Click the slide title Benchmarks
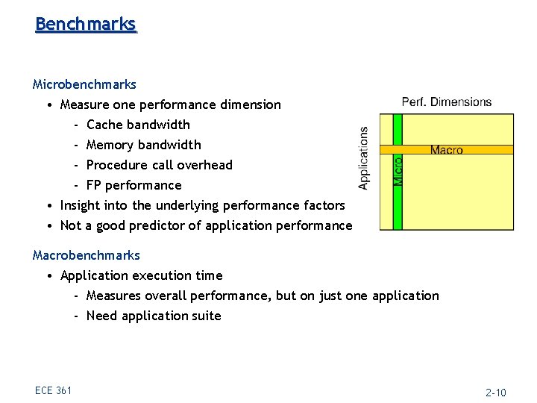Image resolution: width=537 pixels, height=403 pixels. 86,24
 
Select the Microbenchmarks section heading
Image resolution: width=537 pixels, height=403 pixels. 84,84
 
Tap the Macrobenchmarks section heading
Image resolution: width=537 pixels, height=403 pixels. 87,255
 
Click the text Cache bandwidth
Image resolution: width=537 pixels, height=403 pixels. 138,125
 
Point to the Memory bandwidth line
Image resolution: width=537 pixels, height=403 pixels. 143,145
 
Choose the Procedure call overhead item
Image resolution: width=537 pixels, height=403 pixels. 160,165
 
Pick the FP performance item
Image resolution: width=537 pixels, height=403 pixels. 134,185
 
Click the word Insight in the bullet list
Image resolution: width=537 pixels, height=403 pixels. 80,205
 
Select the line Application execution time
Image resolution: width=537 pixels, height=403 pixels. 141,275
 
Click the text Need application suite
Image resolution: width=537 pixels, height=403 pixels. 154,316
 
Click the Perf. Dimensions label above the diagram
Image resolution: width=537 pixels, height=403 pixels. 447,102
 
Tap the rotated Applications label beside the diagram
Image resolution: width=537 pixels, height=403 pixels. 364,157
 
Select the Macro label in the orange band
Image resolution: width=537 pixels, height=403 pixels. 447,150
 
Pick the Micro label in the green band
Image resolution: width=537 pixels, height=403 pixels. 398,171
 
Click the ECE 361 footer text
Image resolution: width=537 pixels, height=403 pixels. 53,390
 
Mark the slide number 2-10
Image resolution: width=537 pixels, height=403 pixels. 496,393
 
